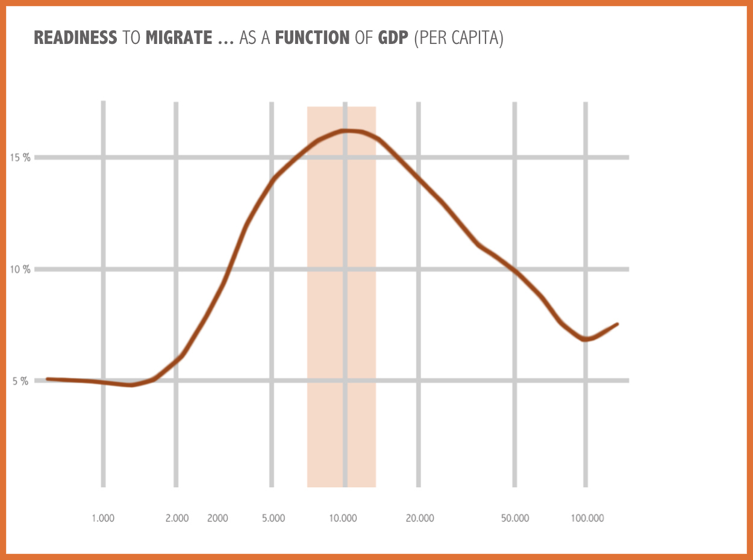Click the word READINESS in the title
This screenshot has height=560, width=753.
click(x=75, y=38)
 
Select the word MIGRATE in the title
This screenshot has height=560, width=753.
click(x=178, y=38)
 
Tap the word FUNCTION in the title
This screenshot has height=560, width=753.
click(x=312, y=38)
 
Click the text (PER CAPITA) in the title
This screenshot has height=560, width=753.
click(x=459, y=38)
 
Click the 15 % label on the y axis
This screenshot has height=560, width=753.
click(x=20, y=158)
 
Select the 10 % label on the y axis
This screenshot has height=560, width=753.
click(x=20, y=269)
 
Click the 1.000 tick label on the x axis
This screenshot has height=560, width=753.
click(x=103, y=518)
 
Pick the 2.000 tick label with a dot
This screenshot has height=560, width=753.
click(x=177, y=518)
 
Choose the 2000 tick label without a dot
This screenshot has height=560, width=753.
click(x=217, y=518)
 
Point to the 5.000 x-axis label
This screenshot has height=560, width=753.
click(x=273, y=518)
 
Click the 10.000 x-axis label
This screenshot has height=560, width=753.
click(x=343, y=518)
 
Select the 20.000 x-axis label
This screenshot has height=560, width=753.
click(x=419, y=518)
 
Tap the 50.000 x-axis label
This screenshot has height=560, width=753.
click(x=514, y=518)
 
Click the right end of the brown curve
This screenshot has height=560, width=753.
click(x=617, y=325)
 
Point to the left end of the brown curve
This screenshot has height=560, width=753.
click(x=48, y=379)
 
